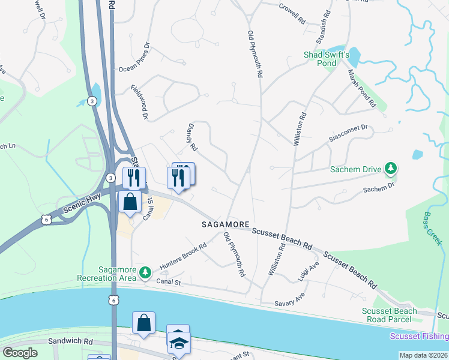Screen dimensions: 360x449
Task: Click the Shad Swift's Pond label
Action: tap(327, 59)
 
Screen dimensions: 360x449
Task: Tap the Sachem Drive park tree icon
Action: tap(391, 169)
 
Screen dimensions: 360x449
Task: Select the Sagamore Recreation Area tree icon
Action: tap(145, 273)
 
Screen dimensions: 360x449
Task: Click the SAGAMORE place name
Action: tap(225, 224)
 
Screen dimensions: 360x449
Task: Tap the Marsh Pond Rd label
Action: tap(362, 86)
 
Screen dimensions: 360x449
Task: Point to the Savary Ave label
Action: tap(290, 302)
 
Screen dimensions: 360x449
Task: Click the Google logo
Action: tap(20, 353)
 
